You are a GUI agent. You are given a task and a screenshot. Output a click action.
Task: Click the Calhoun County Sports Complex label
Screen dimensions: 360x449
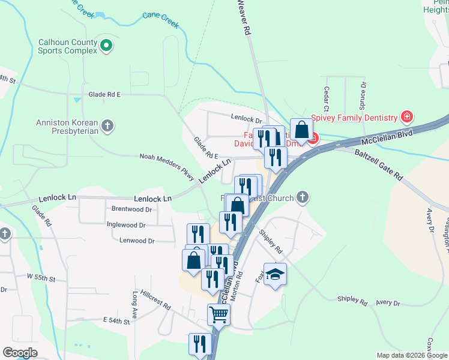pos(67,47)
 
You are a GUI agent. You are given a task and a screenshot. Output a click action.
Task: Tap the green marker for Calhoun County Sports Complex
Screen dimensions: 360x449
pos(106,45)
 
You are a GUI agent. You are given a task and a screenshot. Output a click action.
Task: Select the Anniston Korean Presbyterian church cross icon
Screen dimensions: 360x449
pos(107,125)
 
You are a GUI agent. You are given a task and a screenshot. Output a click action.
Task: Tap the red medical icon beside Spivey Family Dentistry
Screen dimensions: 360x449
pos(407,116)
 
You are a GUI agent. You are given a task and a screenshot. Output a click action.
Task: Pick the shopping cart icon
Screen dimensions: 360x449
pos(218,313)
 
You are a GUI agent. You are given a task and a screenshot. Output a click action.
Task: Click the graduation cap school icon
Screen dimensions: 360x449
pos(275,274)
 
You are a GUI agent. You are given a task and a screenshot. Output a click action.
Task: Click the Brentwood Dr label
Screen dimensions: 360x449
pos(131,209)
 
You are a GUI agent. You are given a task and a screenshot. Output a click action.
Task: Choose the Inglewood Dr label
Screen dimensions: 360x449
pos(125,225)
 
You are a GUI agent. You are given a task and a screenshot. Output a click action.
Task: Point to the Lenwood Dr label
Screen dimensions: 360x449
pos(137,241)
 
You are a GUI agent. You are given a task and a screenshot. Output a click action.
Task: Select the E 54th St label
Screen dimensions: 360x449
pos(116,322)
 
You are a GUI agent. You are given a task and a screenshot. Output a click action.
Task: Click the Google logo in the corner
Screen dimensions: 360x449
pos(20,353)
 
